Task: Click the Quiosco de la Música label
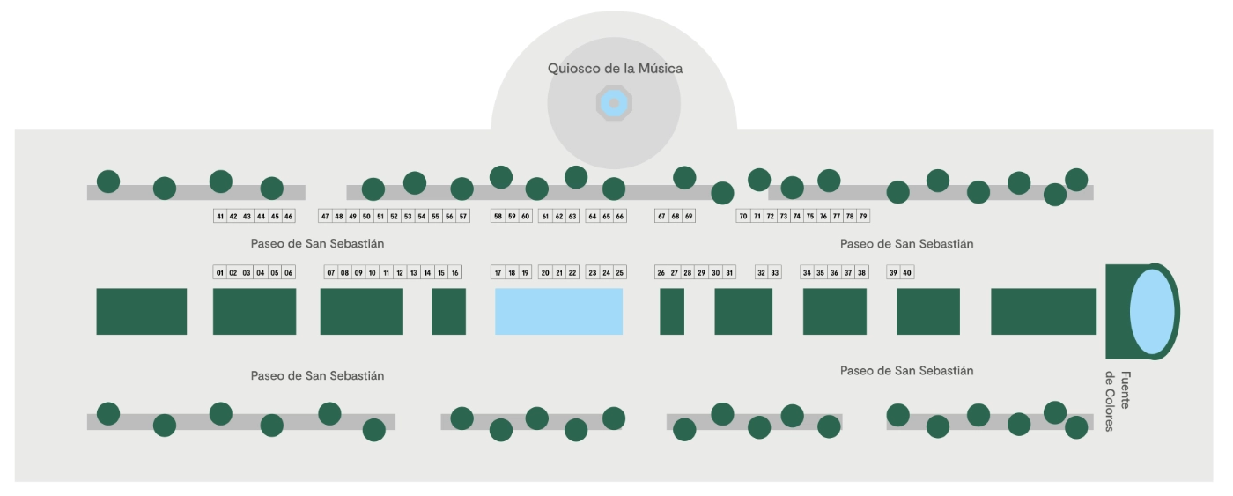tap(615, 69)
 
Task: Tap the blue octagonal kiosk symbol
tap(615, 103)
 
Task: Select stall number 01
tap(220, 272)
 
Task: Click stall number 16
tap(454, 272)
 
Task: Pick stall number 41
tap(220, 217)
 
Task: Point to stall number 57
tap(463, 217)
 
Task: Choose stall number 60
tap(525, 217)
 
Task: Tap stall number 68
tap(675, 217)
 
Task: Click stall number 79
tap(863, 217)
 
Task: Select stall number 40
tap(907, 272)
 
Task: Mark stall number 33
tap(774, 272)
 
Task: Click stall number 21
tap(558, 272)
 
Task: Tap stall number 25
tap(620, 272)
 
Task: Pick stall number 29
tap(701, 272)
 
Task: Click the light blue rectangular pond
tap(558, 312)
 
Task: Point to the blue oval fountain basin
tap(1152, 312)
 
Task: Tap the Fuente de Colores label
tap(1118, 401)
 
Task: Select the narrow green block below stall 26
tap(672, 312)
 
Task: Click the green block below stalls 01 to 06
tap(255, 312)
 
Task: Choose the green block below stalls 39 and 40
tap(928, 312)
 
